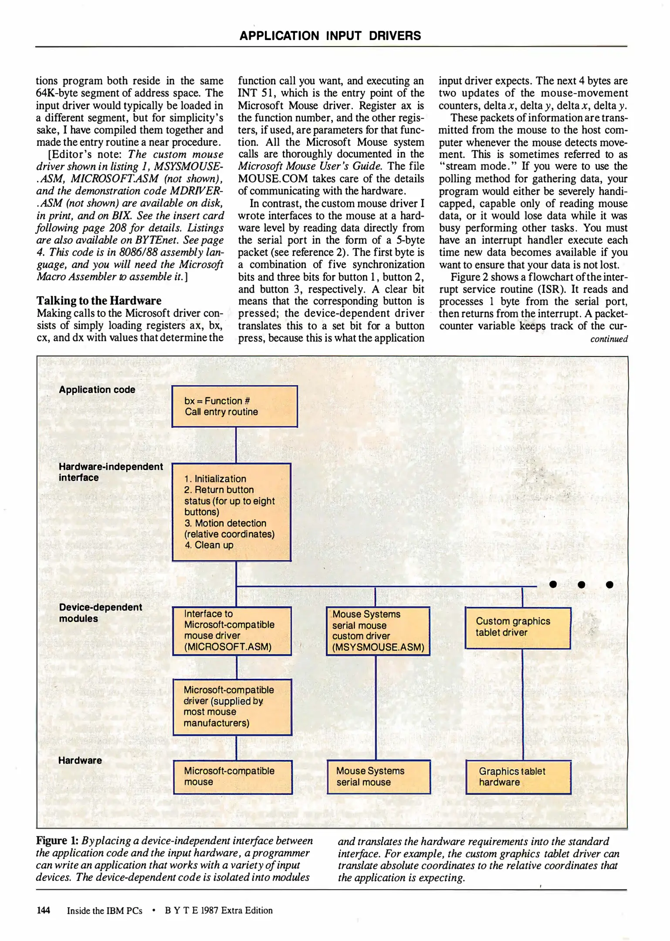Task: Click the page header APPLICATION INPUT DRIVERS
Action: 330,36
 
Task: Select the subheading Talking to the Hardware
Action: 99,301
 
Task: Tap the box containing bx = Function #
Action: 234,406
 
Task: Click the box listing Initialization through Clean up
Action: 231,512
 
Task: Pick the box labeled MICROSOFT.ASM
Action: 232,630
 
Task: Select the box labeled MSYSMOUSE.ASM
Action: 378,631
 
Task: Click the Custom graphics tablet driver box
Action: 518,627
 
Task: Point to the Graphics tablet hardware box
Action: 518,777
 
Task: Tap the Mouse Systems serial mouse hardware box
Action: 379,777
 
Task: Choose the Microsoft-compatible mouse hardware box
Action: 232,777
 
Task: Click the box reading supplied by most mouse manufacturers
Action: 232,707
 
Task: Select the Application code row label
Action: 97,390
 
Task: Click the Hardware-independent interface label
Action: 111,472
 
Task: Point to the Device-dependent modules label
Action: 100,613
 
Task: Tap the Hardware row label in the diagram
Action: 80,761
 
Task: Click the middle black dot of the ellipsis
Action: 581,585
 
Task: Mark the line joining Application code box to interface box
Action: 236,445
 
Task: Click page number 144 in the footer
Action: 43,910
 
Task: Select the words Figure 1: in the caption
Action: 57,841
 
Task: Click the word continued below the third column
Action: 609,339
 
